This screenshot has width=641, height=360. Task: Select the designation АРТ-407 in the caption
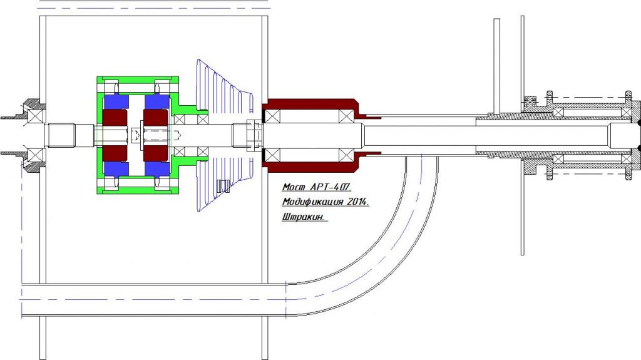pos(331,187)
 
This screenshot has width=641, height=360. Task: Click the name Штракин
pos(305,217)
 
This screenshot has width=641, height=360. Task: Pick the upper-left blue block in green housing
pos(116,102)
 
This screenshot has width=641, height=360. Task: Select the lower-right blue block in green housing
pos(156,168)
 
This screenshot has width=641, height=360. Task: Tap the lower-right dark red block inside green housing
pos(155,154)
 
